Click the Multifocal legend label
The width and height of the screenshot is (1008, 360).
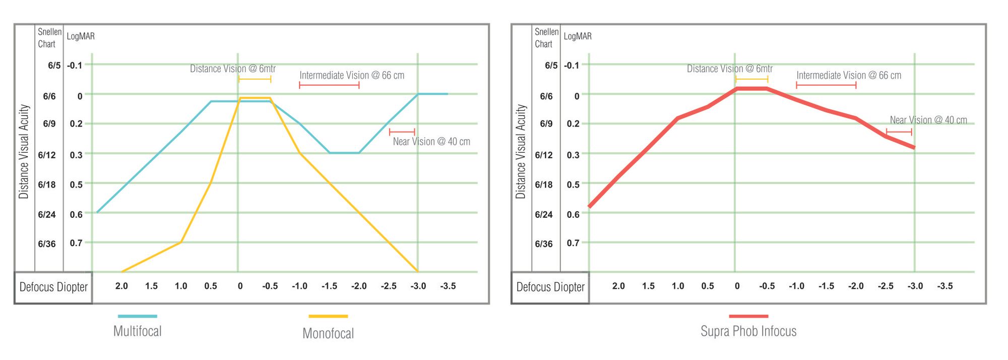(x=137, y=331)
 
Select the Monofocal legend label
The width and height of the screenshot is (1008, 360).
(x=328, y=333)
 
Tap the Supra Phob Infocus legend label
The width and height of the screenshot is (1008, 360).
(x=748, y=331)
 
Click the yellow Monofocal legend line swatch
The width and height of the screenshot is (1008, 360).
(x=328, y=316)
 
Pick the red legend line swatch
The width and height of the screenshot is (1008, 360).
(x=748, y=316)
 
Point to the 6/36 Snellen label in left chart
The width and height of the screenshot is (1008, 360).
(x=47, y=244)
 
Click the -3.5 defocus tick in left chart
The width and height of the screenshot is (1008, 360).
(x=448, y=286)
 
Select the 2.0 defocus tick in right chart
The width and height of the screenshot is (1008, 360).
(x=618, y=286)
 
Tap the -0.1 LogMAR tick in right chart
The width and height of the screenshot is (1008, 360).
(x=572, y=66)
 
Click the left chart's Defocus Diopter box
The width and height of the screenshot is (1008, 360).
(x=53, y=287)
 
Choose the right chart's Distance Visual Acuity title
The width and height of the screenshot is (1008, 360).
(x=521, y=151)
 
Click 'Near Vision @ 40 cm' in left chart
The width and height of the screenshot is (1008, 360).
(x=431, y=142)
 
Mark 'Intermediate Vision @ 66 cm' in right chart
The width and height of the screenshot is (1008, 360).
(x=849, y=76)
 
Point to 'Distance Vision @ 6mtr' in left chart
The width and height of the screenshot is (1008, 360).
(x=233, y=69)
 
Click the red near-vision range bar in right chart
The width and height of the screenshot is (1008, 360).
(x=899, y=132)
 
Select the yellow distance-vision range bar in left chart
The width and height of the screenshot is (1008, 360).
(x=255, y=79)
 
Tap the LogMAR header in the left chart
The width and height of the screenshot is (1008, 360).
(x=81, y=36)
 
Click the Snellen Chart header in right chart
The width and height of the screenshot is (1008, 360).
(x=546, y=38)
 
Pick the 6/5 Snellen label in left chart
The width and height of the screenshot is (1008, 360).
(x=54, y=66)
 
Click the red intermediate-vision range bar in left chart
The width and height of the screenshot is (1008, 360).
(x=329, y=85)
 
